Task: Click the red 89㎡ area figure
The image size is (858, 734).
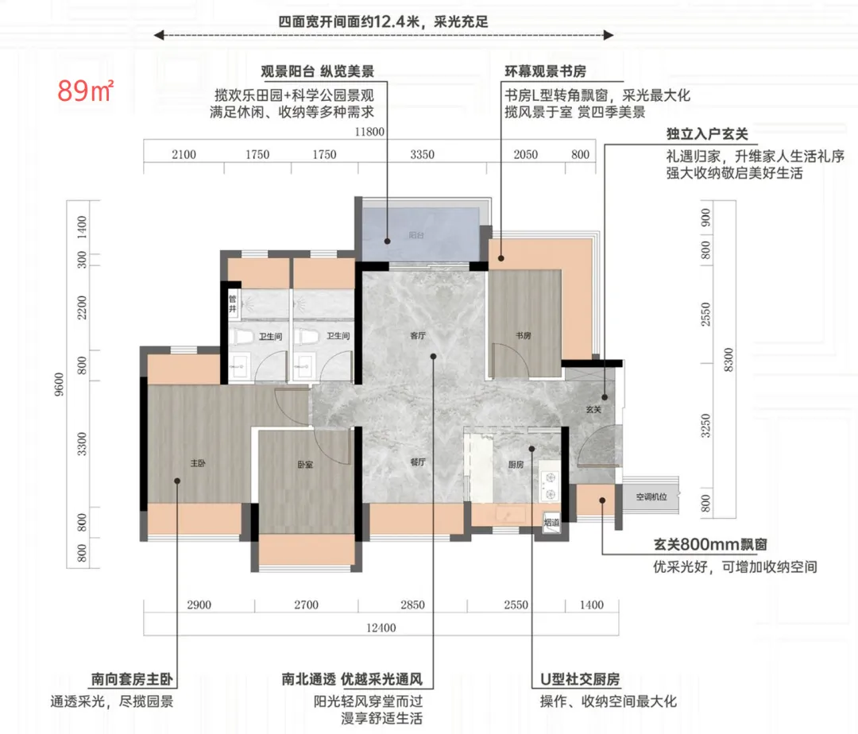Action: click(x=85, y=91)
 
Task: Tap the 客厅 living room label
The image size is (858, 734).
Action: click(x=418, y=336)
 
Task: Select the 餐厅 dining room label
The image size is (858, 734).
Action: click(x=418, y=462)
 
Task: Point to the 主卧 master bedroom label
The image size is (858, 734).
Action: click(x=198, y=463)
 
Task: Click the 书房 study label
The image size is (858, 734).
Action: click(x=523, y=335)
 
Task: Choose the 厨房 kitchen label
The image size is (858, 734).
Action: click(x=516, y=465)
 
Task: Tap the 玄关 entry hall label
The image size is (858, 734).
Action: click(x=593, y=409)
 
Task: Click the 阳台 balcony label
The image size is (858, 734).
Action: click(x=415, y=235)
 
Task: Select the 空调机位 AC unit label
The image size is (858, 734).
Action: click(x=651, y=496)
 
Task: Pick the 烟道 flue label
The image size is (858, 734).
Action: click(x=551, y=523)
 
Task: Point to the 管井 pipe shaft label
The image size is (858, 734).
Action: click(x=233, y=304)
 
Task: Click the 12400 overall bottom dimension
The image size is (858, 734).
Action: click(x=381, y=628)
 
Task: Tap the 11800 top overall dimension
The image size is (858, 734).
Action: click(x=369, y=132)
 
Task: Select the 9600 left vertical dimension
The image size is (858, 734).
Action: click(x=59, y=384)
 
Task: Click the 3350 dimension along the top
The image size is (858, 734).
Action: click(x=422, y=155)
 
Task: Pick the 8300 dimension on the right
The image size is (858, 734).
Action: click(x=728, y=359)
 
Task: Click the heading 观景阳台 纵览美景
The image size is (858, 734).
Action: click(x=317, y=71)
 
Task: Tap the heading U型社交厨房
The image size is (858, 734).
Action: click(x=580, y=679)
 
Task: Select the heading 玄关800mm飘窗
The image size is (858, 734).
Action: click(x=710, y=545)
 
